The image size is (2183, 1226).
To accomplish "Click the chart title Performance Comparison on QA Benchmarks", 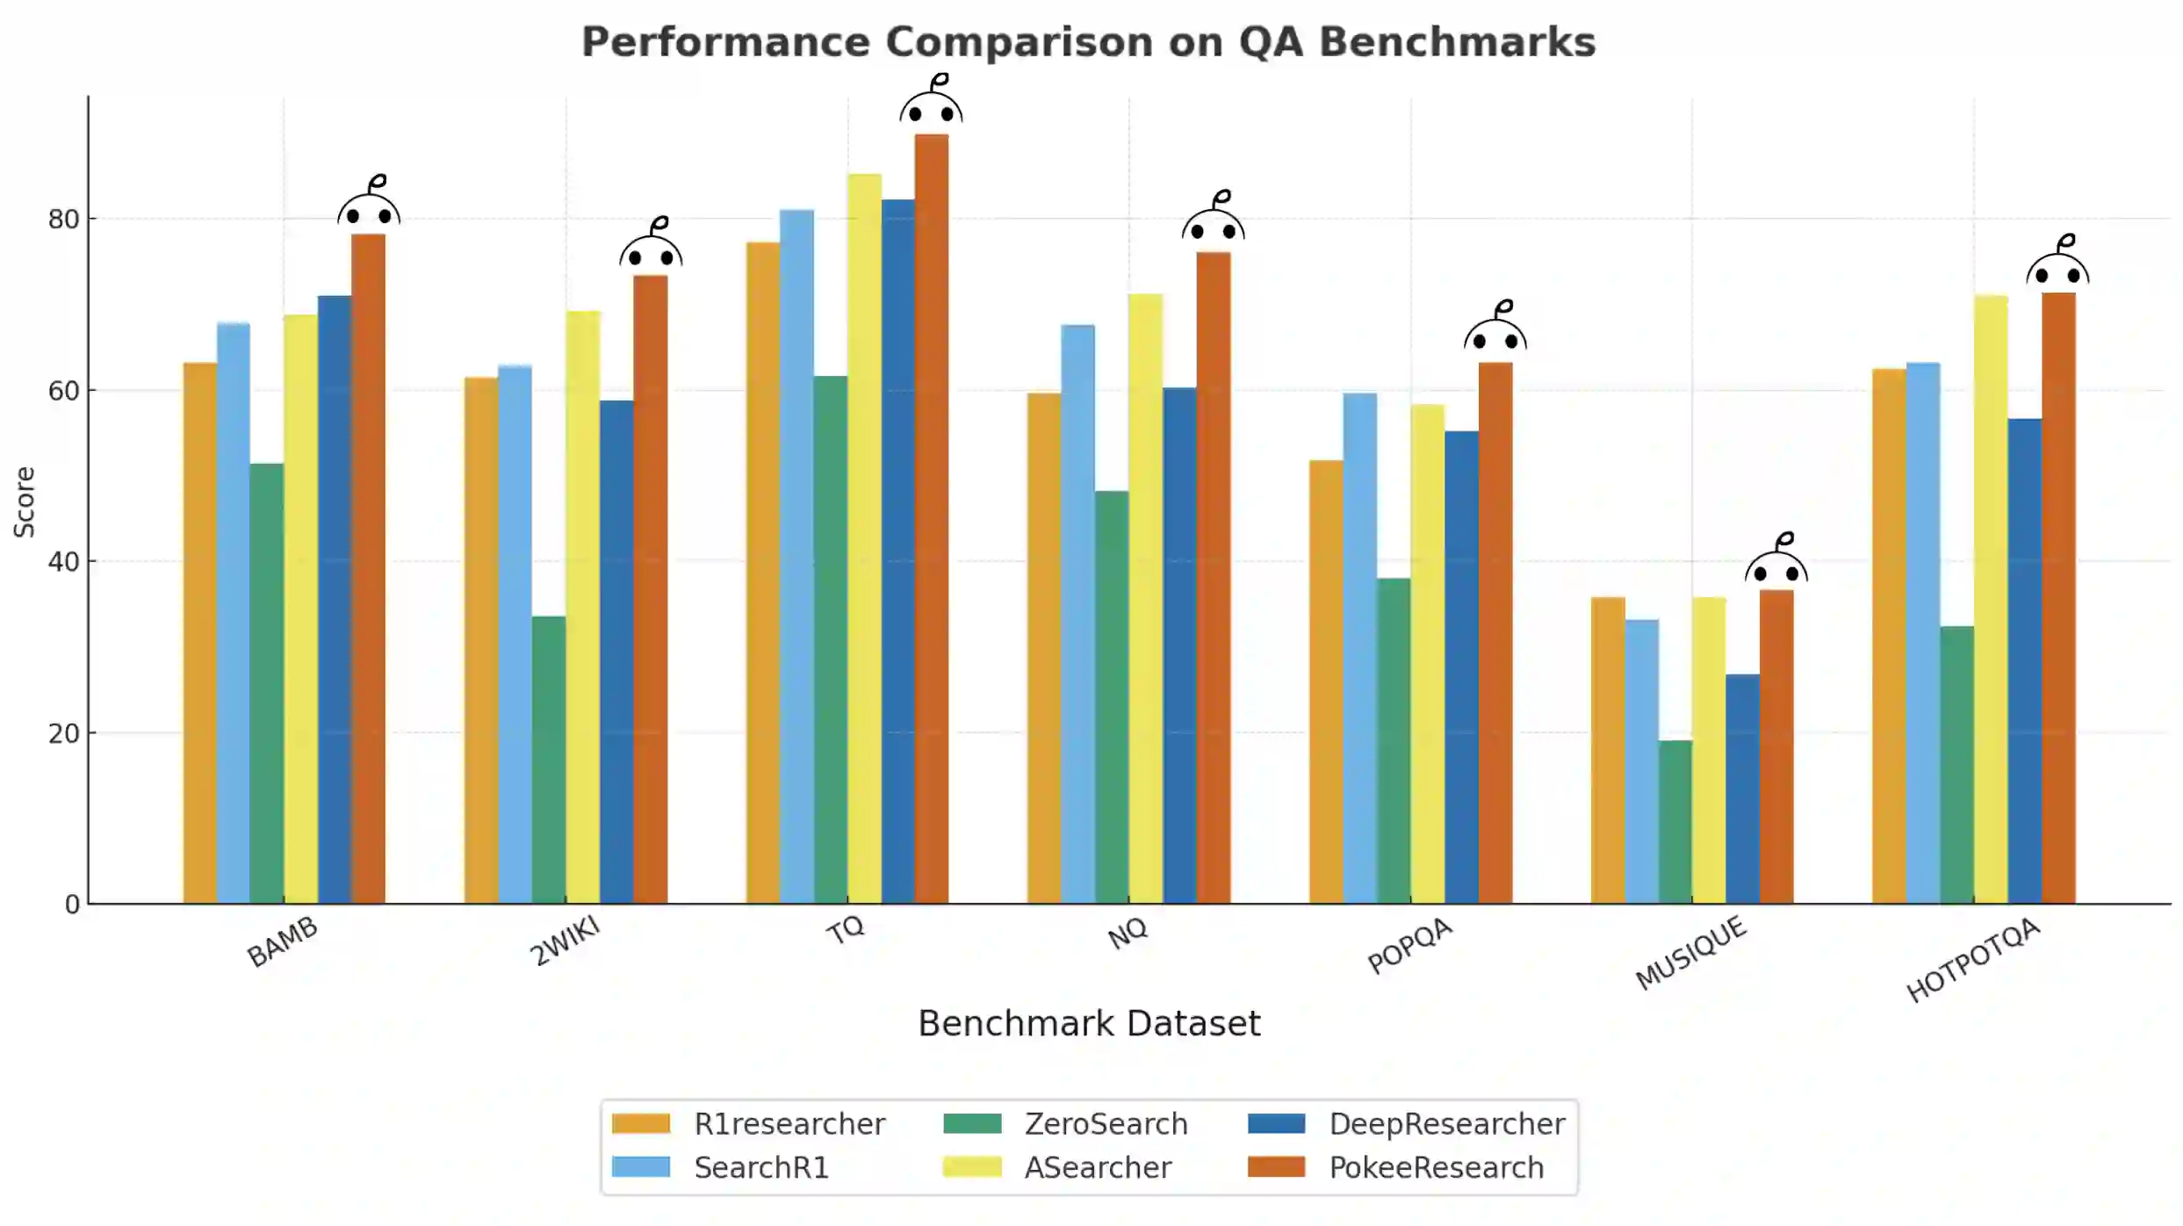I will click(1088, 42).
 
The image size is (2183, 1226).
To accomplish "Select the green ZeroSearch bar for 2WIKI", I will click(549, 760).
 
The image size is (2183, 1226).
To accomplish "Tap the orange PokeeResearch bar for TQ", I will click(932, 518).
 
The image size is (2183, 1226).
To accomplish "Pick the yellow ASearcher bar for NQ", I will click(1145, 598).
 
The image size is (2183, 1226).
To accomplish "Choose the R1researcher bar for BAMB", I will click(199, 632).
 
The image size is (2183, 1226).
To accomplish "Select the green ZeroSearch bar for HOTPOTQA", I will click(1956, 764).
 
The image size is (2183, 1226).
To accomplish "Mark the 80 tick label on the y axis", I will click(64, 220).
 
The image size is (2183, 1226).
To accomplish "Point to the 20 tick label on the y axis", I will click(64, 733).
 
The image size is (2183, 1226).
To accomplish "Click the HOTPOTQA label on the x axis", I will click(1972, 960).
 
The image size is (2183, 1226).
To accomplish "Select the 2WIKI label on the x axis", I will click(565, 941).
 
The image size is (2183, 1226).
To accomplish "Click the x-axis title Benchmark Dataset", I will click(1089, 1024).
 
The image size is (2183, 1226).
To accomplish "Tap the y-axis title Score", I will click(25, 501).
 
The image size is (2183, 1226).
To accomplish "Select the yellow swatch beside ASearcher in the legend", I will click(971, 1167).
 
